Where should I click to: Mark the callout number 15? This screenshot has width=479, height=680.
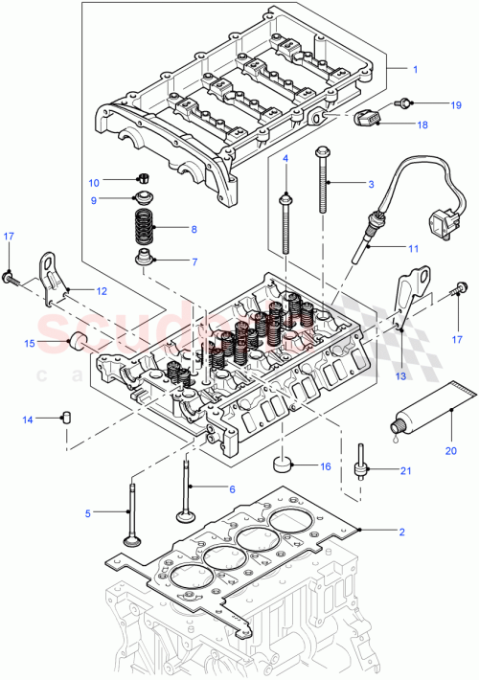[29, 343]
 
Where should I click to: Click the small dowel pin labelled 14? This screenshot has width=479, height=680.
[69, 416]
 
